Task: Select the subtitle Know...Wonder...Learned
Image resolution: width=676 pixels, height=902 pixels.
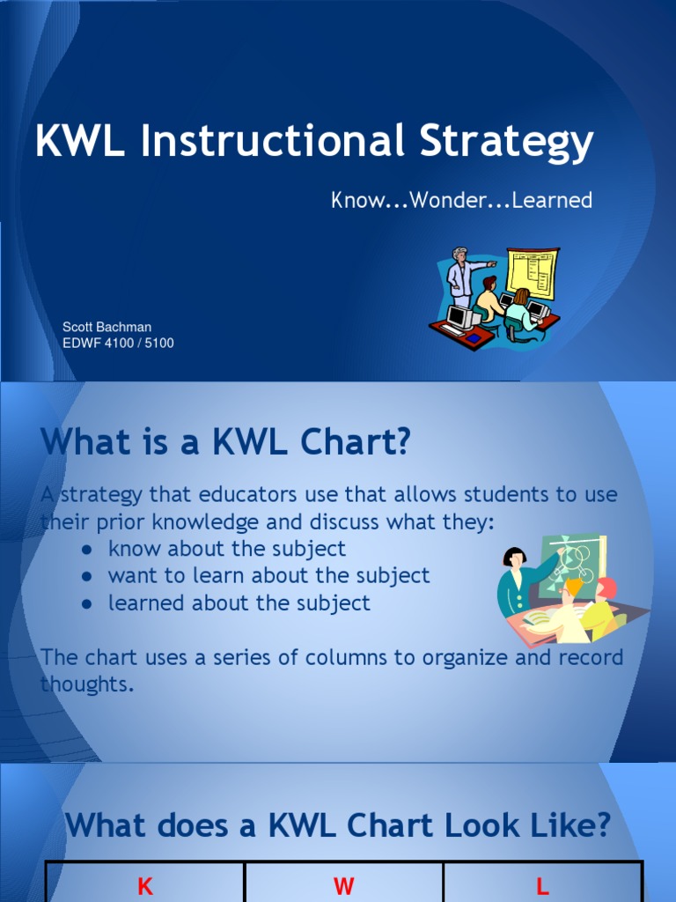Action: click(461, 200)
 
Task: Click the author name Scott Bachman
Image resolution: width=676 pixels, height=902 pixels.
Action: click(107, 327)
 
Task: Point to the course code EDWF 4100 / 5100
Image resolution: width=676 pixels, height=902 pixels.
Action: click(118, 343)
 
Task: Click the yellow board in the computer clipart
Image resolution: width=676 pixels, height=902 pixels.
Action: click(533, 272)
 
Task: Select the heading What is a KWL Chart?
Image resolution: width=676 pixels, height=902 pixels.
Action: click(225, 442)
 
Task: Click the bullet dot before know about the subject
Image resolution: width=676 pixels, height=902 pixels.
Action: click(87, 550)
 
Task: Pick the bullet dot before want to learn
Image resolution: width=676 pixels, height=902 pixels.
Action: click(87, 577)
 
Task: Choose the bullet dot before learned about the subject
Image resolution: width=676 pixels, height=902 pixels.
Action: click(87, 604)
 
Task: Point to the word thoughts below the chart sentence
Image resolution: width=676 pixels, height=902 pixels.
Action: click(87, 684)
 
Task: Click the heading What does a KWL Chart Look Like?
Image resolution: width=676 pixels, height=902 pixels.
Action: click(338, 825)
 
